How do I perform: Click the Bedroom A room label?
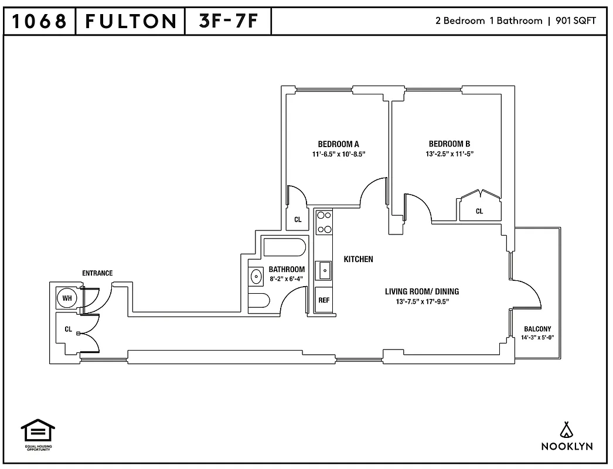[338, 144]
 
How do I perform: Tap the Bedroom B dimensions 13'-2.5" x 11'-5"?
[449, 155]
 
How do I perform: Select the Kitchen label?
[358, 259]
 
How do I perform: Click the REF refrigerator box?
[323, 300]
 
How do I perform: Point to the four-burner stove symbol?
[324, 223]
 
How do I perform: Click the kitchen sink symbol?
[324, 271]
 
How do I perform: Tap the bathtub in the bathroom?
[284, 247]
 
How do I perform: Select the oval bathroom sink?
[257, 276]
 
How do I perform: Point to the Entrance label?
[97, 273]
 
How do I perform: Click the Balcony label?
[537, 329]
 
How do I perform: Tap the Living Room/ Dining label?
[421, 291]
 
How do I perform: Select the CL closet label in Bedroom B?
[479, 211]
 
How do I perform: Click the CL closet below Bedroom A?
[298, 220]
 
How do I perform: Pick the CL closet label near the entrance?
[68, 329]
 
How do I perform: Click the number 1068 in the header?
[39, 22]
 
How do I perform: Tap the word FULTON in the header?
[130, 22]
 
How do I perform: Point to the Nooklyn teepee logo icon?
[566, 430]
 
